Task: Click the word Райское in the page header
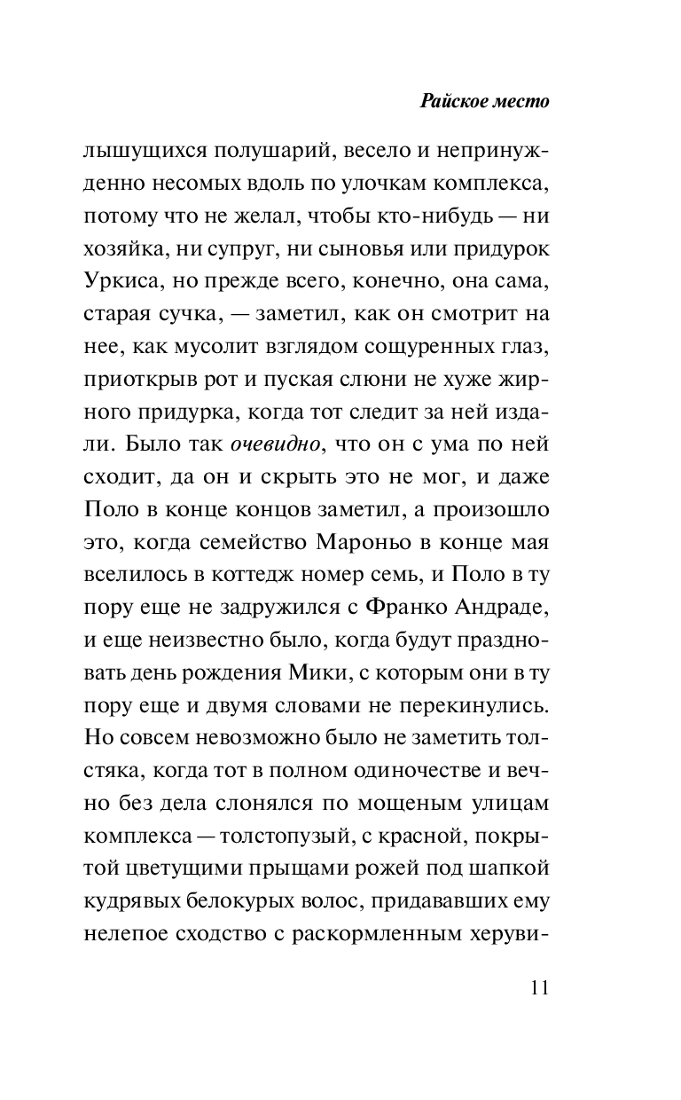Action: (x=452, y=100)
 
